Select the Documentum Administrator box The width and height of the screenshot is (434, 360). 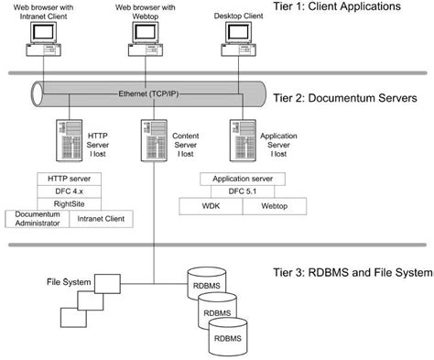(x=37, y=219)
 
